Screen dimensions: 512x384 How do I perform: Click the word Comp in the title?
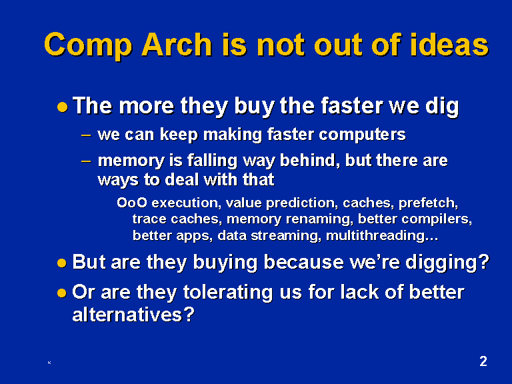pyautogui.click(x=88, y=46)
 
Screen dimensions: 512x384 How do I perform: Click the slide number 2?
pyautogui.click(x=483, y=361)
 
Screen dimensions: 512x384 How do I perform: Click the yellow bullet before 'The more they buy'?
pyautogui.click(x=63, y=107)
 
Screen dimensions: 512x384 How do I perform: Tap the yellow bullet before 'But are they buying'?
pyautogui.click(x=62, y=263)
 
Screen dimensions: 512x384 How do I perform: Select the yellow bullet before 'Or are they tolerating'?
pyautogui.click(x=61, y=293)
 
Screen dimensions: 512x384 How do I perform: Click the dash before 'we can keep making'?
pyautogui.click(x=86, y=135)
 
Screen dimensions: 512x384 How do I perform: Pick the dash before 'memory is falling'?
pyautogui.click(x=86, y=161)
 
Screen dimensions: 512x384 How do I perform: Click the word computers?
pyautogui.click(x=362, y=135)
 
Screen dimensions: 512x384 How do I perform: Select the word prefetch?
pyautogui.click(x=429, y=203)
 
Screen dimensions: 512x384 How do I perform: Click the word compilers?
pyautogui.click(x=437, y=219)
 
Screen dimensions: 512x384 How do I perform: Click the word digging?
pyautogui.click(x=447, y=263)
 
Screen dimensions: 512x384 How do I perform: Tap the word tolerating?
pyautogui.click(x=228, y=292)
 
